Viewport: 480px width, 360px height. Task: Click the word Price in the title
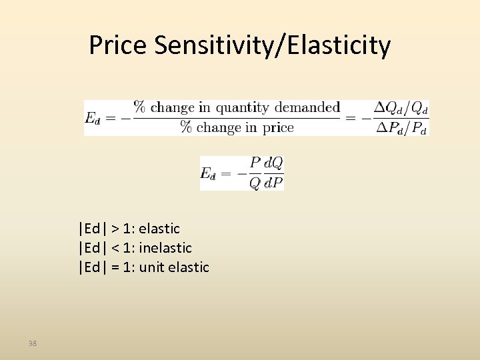[x=117, y=45]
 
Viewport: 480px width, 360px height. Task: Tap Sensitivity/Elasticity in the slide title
[x=272, y=46]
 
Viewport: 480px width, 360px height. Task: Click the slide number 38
[x=33, y=343]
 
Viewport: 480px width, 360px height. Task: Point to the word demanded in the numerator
[x=307, y=107]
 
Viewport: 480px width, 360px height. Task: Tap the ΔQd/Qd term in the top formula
[x=401, y=108]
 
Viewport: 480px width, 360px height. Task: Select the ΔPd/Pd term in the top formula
[x=401, y=128]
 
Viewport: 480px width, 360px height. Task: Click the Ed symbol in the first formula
[x=92, y=118]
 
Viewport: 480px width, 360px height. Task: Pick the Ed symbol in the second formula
[x=208, y=173]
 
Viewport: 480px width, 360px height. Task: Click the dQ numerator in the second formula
[x=274, y=163]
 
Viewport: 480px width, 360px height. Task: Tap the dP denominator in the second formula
[x=274, y=183]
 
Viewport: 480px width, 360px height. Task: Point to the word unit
[x=151, y=267]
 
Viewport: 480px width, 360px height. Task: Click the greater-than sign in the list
[x=115, y=229]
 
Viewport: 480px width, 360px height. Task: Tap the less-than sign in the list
[x=115, y=248]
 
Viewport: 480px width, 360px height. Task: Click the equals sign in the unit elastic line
[x=115, y=267]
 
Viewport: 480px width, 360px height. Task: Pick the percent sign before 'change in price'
[x=185, y=127]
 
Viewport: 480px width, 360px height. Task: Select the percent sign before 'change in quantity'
[x=140, y=107]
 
